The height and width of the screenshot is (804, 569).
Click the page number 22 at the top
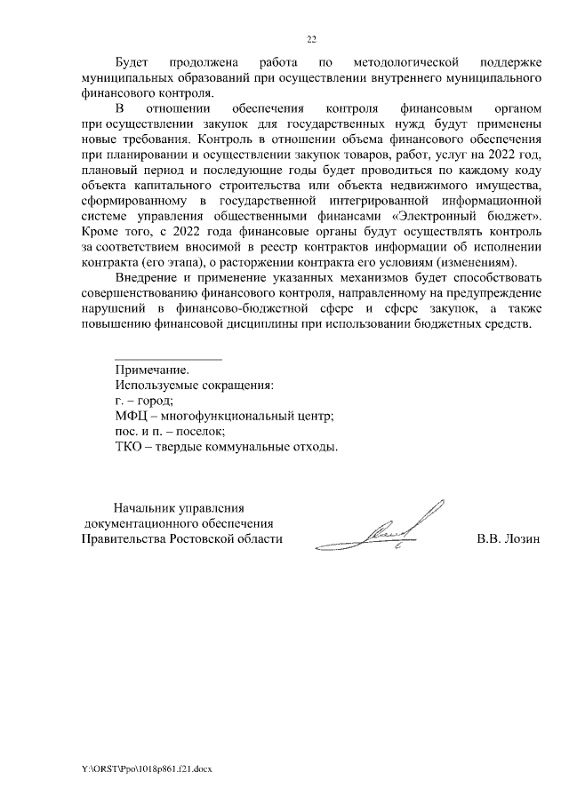311,39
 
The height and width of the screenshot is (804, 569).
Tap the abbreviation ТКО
128,446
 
